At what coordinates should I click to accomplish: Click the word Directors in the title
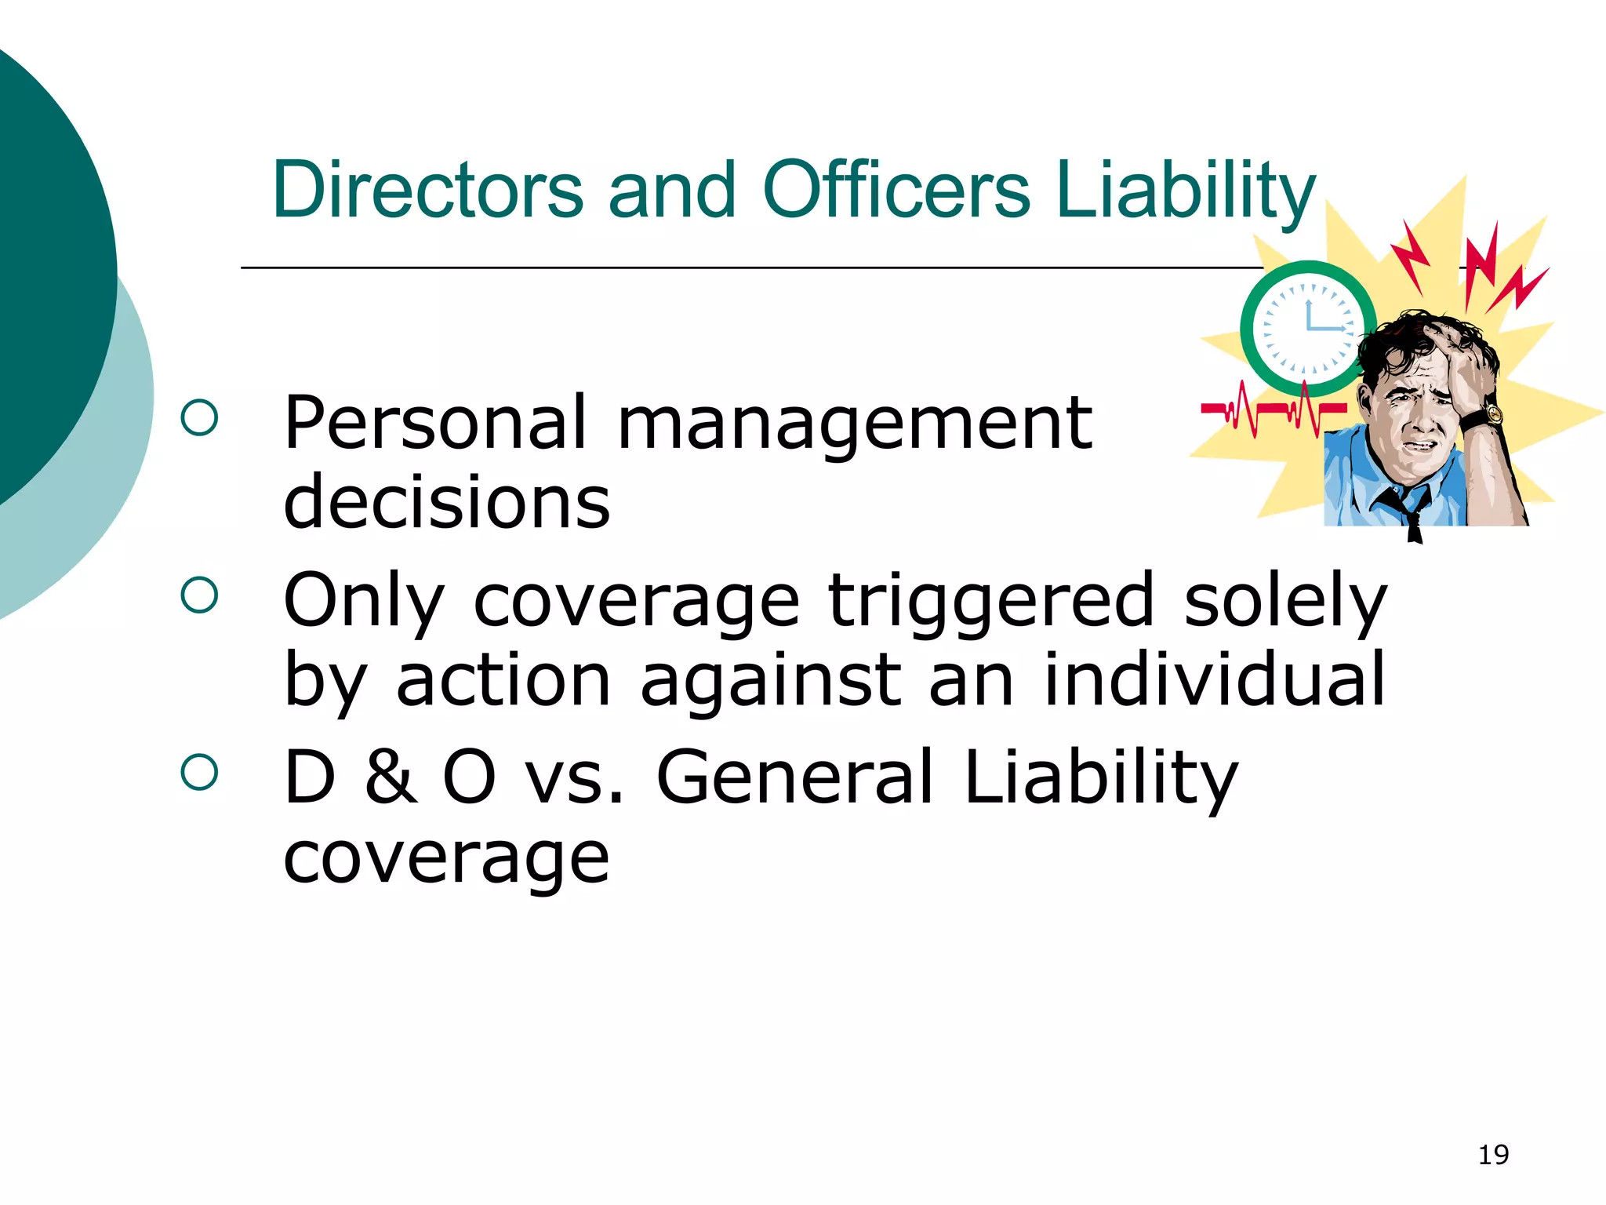(x=427, y=190)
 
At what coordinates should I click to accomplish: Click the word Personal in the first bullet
(x=435, y=424)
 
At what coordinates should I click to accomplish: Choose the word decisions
(x=446, y=503)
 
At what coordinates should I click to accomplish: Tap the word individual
(x=1215, y=679)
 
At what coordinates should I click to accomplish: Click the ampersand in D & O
(x=390, y=777)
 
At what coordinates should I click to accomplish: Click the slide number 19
(x=1493, y=1155)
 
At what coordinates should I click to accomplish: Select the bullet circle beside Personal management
(x=199, y=417)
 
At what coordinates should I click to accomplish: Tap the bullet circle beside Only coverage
(x=199, y=595)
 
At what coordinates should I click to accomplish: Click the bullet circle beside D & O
(x=199, y=772)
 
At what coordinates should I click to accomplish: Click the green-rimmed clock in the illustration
(x=1307, y=328)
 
